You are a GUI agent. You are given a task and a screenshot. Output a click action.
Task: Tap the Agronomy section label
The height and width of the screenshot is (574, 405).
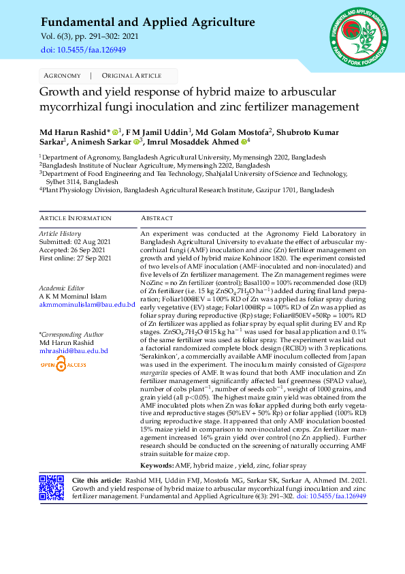click(x=62, y=76)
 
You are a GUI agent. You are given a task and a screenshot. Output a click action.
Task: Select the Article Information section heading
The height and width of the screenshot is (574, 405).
click(x=75, y=218)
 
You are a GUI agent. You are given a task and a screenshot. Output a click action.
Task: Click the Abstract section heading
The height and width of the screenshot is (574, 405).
click(x=157, y=218)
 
